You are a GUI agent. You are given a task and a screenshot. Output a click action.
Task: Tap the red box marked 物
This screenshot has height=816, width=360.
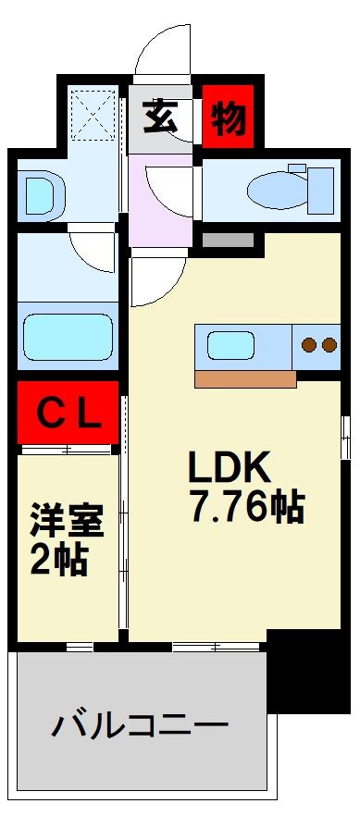[x=227, y=117]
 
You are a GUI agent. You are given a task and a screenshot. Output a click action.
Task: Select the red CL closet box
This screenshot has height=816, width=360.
[x=68, y=413]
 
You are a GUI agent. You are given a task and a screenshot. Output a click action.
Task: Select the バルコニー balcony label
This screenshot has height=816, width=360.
[x=140, y=724]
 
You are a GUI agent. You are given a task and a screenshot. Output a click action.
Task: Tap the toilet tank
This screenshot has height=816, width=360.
[x=320, y=188]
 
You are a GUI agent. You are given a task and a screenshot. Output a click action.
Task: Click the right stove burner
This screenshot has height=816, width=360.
[x=329, y=347]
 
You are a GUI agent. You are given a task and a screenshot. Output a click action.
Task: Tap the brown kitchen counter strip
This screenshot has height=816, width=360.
[x=245, y=378]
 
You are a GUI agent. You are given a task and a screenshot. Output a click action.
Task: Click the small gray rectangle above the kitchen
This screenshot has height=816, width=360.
[x=228, y=241]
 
